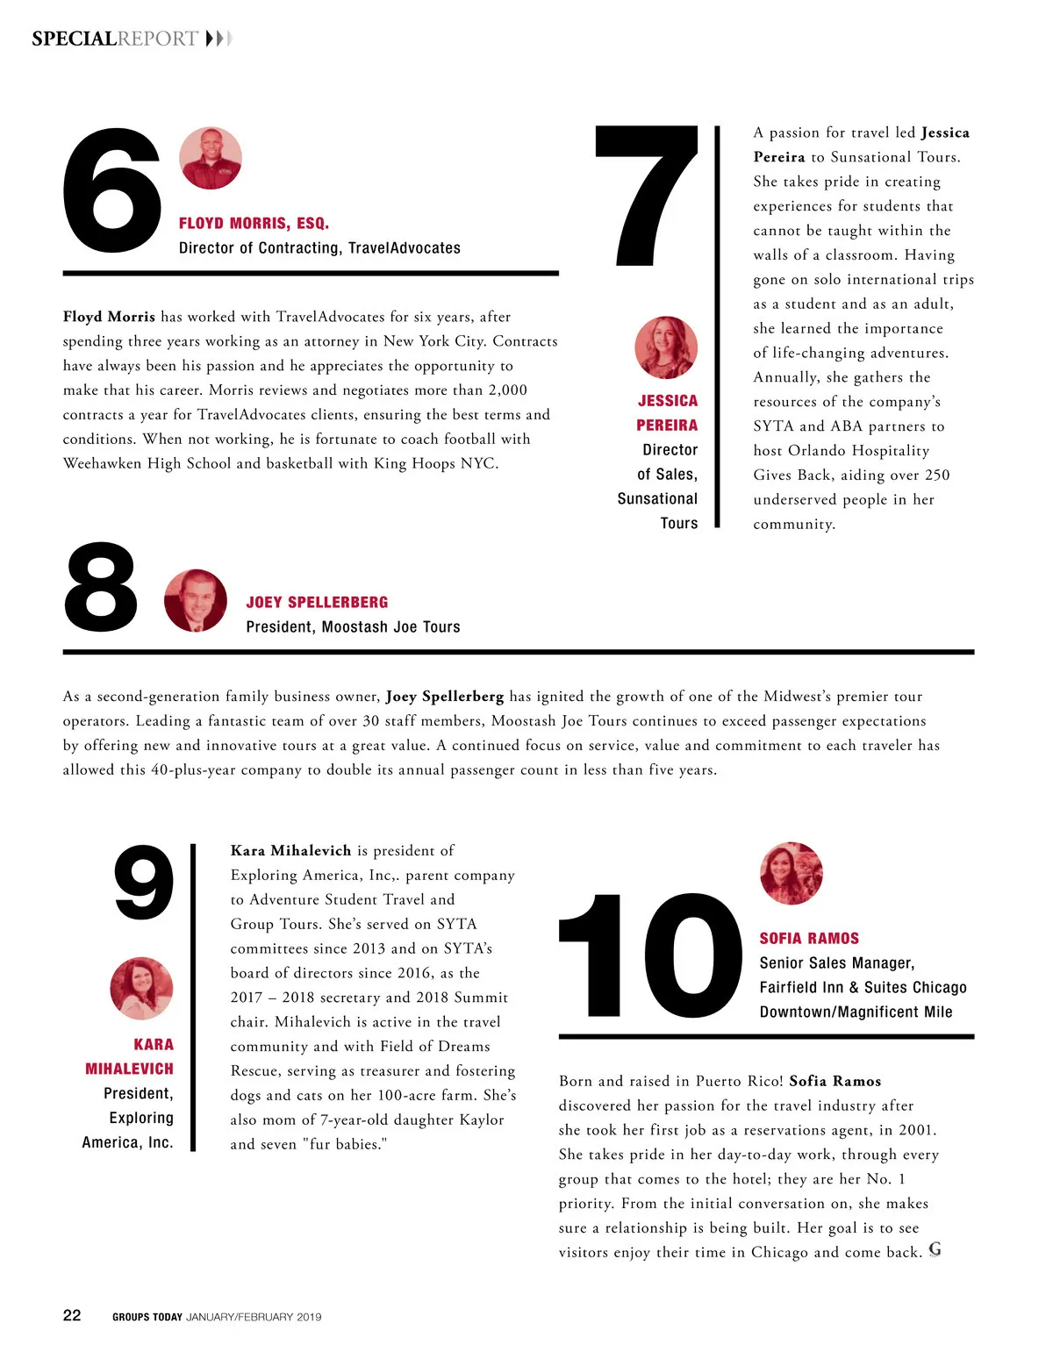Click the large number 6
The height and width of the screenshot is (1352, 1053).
(112, 192)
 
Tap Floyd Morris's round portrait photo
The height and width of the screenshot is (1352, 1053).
(211, 158)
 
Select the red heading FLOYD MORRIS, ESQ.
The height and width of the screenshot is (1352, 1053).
(254, 224)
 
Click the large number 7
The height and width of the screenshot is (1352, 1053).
(647, 195)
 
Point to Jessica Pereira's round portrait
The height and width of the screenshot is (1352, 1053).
(666, 347)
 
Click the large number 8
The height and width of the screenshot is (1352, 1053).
(101, 587)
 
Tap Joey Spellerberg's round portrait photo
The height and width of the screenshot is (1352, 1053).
(195, 600)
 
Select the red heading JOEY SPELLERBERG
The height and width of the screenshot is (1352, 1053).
(317, 603)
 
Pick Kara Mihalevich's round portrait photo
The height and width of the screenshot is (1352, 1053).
(141, 989)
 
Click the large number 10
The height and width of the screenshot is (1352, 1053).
(649, 956)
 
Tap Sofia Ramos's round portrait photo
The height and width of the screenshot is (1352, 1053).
(792, 873)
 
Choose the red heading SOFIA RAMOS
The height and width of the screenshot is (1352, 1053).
(809, 939)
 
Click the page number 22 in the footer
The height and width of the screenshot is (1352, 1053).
(72, 1315)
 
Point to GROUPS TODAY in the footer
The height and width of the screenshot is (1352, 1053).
(147, 1317)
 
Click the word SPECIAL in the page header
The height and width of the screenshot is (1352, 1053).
(74, 39)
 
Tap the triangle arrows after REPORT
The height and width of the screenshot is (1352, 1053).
(218, 39)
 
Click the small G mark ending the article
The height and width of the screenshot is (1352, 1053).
(935, 1249)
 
